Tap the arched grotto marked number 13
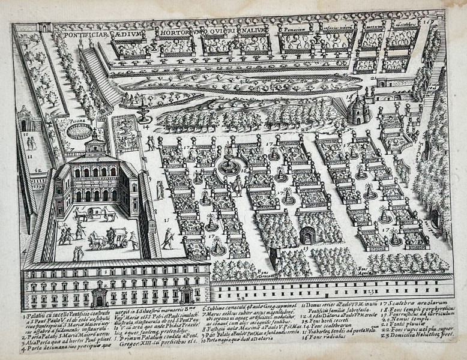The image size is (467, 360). (x=311, y=235)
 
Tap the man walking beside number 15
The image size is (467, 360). (x=166, y=236)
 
